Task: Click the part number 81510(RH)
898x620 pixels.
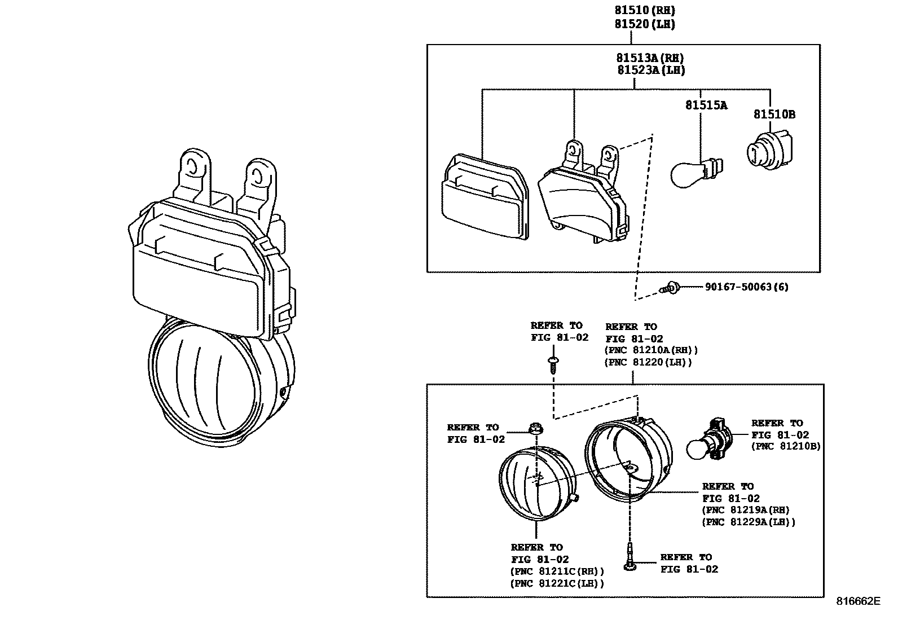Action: [x=645, y=10]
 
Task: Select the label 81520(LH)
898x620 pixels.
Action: [x=645, y=24]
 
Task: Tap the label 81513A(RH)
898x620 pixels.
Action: [x=650, y=58]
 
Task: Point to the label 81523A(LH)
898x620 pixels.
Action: [x=650, y=70]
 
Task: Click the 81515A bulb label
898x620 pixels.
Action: [x=706, y=105]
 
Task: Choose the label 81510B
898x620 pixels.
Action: [x=774, y=114]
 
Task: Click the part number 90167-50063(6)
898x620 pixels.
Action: [x=746, y=287]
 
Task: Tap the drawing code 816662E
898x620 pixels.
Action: [x=857, y=601]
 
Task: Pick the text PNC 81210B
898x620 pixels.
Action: [x=786, y=446]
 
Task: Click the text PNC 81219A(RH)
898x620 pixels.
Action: [x=746, y=510]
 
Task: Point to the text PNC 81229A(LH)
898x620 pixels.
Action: [x=749, y=522]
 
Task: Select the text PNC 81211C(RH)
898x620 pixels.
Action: [x=557, y=571]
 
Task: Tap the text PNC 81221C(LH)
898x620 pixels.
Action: [x=557, y=584]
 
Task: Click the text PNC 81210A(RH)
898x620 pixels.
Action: [x=652, y=350]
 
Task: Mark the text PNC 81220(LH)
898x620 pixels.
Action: [x=648, y=363]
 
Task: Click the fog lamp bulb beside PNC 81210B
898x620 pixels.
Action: [x=708, y=442]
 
